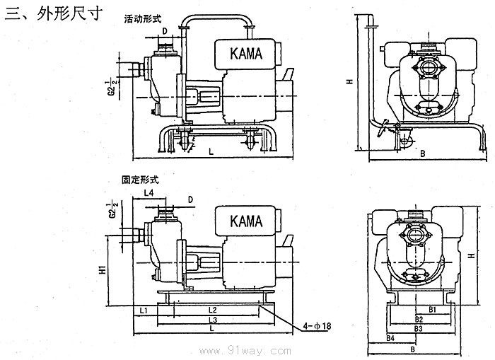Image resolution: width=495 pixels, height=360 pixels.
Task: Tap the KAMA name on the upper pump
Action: pos(246,52)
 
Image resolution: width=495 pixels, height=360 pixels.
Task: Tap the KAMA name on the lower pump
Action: pos(246,221)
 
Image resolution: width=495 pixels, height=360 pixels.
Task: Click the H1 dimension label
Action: pos(102,269)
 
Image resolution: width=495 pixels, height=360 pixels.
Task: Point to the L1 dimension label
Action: pos(143,310)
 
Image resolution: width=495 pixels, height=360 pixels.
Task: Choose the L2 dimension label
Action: pos(211,310)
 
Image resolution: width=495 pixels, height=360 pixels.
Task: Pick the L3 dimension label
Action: pos(211,320)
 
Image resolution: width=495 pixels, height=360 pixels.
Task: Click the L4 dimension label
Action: pos(148,192)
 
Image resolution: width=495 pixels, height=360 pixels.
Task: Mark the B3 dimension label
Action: pos(419,329)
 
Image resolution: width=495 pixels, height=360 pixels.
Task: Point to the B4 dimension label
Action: pos(390,339)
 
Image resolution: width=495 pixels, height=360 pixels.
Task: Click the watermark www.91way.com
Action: pos(246,351)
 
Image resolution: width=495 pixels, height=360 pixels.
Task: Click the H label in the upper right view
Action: pos(349,82)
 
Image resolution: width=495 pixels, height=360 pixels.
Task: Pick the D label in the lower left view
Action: pos(191,200)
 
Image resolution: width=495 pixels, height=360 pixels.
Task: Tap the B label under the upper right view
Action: pos(421,153)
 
